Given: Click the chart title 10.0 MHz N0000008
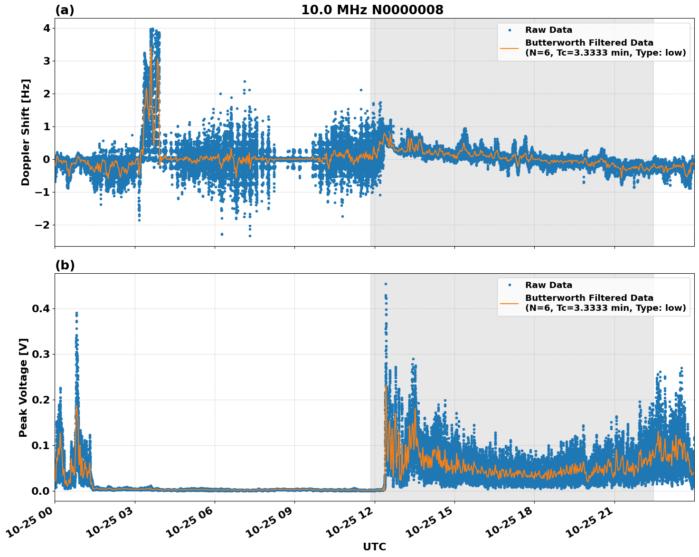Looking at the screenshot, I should coord(372,10).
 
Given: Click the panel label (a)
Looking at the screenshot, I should coord(65,10).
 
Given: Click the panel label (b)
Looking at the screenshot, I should coord(65,265).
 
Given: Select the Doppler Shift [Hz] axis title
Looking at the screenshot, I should coord(26,132).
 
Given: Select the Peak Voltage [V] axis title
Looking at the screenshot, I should coord(23,387).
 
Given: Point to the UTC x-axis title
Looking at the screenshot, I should coord(374,547).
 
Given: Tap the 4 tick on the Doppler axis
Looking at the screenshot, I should coord(46,28).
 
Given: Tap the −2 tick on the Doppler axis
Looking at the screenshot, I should coord(43,225).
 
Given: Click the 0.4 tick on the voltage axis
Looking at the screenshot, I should coord(40,308).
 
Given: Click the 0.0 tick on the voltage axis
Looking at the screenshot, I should coord(40,491).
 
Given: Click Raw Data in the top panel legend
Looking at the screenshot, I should coord(548,30).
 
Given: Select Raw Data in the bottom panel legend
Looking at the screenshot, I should coord(548,285).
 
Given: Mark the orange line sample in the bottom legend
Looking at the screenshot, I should coord(510,303).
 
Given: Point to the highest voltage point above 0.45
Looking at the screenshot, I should coord(386,284).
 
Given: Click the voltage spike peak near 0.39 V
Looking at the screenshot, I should coord(76,313).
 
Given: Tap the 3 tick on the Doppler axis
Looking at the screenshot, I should coord(46,61).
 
